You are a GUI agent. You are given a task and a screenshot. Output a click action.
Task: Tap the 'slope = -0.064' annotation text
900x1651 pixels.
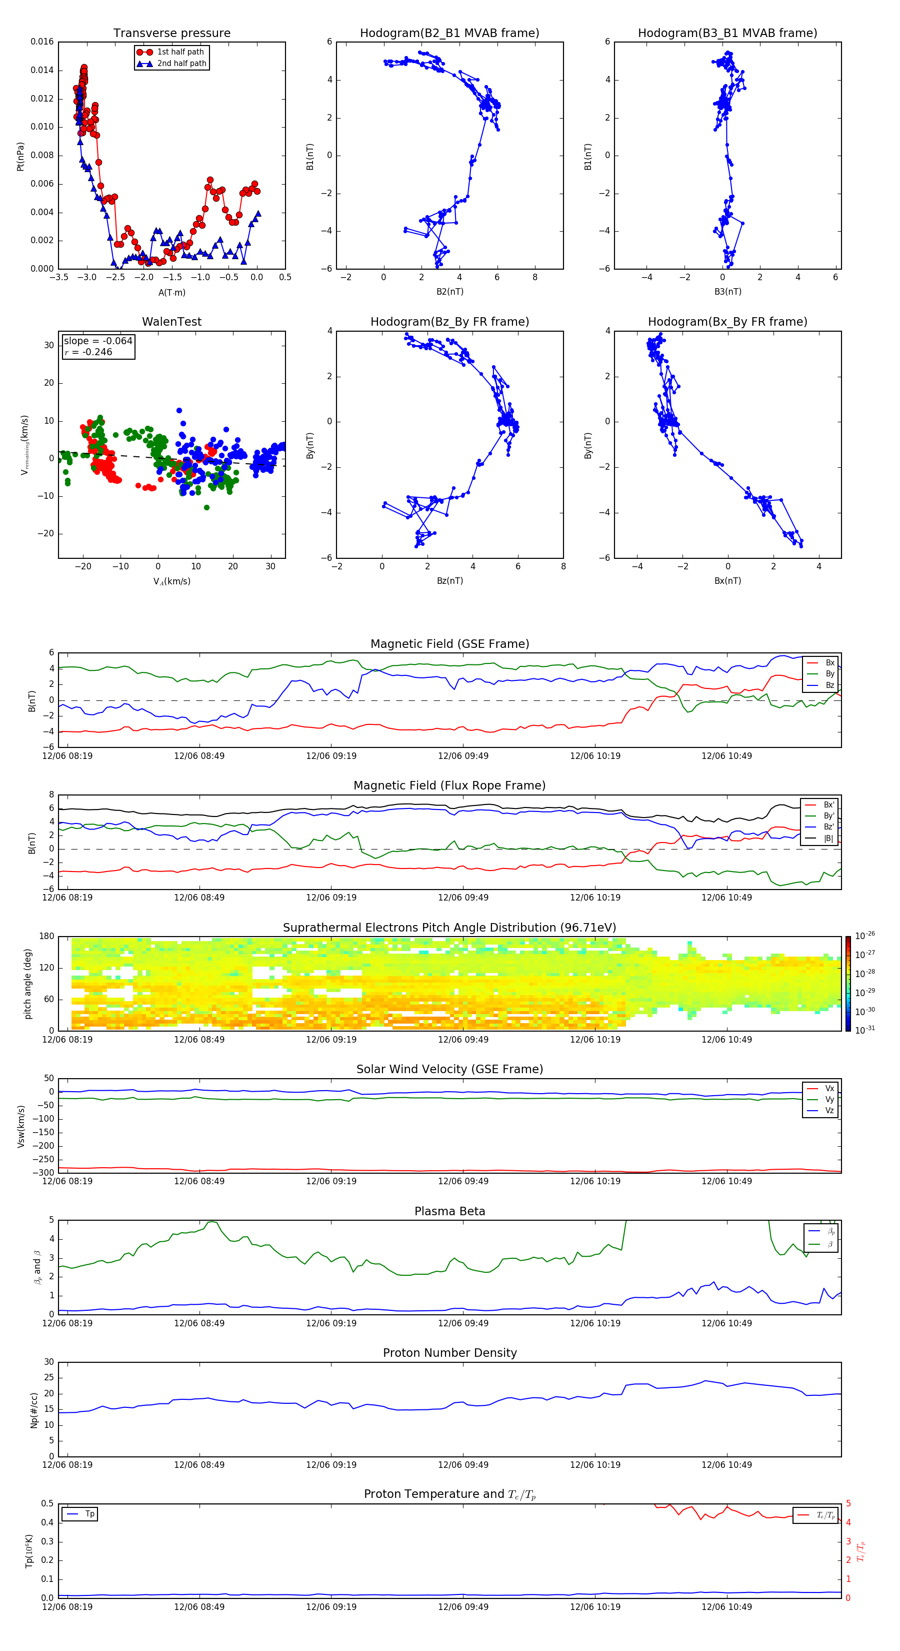click(x=98, y=341)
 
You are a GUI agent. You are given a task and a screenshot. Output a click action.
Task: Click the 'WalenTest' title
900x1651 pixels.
click(x=171, y=322)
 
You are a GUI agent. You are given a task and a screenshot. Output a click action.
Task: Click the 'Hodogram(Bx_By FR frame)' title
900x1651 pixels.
click(x=727, y=322)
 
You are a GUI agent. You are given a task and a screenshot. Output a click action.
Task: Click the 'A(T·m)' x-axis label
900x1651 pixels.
click(x=171, y=292)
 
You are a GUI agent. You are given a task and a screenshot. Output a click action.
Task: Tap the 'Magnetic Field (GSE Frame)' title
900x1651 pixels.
click(x=449, y=644)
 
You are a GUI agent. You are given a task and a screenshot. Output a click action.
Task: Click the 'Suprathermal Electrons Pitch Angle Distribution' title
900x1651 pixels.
click(x=449, y=928)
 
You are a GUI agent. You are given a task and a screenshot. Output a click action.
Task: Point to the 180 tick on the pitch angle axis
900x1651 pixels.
click(x=47, y=937)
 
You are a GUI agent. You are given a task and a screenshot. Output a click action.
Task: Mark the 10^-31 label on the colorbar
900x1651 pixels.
click(x=865, y=1029)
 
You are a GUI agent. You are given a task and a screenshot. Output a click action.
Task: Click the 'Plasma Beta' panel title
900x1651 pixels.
click(x=449, y=1211)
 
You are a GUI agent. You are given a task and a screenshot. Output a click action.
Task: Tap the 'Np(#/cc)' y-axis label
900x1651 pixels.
click(x=34, y=1409)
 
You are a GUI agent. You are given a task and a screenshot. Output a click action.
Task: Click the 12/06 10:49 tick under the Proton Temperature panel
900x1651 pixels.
click(x=726, y=1607)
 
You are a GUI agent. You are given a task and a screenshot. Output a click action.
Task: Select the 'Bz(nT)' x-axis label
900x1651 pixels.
click(x=449, y=581)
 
